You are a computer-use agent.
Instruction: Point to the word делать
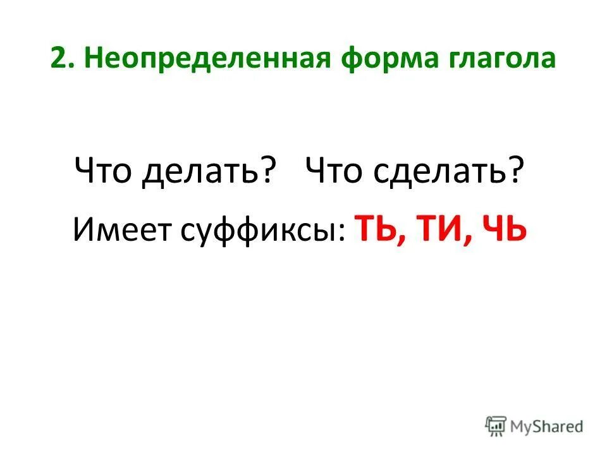202,171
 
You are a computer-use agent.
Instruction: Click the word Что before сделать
335,170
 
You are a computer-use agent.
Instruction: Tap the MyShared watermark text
548,426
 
